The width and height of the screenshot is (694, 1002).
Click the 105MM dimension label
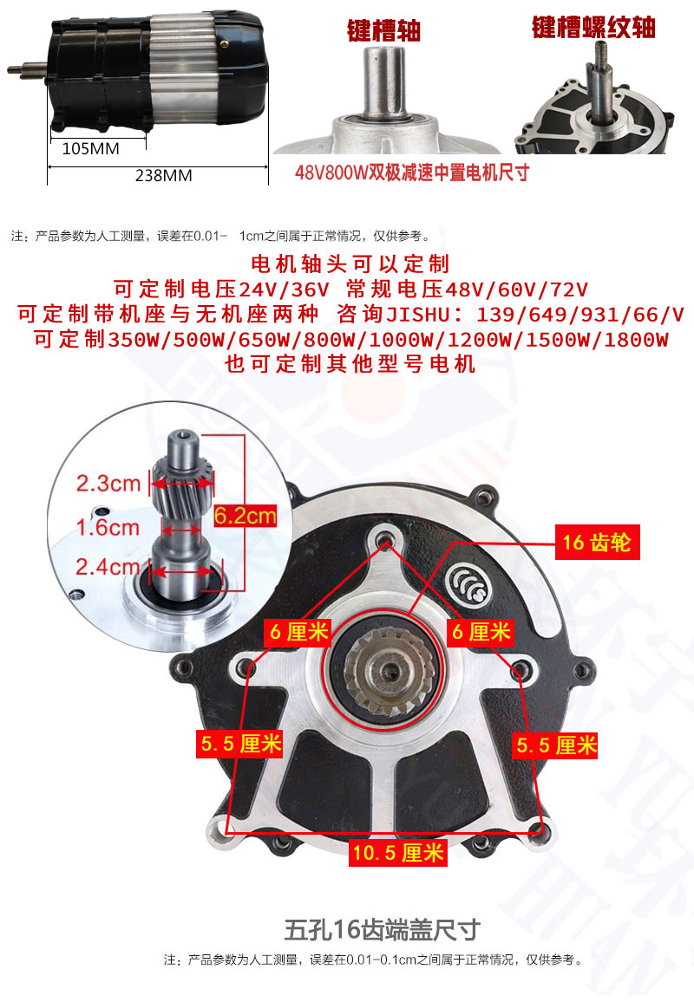(91, 149)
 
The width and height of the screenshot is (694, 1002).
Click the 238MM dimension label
(164, 175)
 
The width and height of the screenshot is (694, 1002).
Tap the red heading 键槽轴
(383, 30)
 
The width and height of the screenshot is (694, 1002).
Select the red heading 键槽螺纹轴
(593, 28)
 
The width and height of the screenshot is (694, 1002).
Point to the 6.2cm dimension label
(245, 515)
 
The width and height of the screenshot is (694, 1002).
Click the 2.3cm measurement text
(108, 483)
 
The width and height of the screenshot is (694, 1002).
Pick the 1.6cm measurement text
(108, 527)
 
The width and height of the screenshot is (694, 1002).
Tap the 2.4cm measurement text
(108, 566)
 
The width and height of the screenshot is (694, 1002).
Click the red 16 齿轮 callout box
(597, 543)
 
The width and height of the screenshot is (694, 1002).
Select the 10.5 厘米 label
(398, 852)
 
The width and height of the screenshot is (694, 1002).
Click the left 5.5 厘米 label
(240, 744)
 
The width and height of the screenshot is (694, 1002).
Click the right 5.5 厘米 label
(555, 745)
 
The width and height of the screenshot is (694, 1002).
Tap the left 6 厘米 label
(298, 632)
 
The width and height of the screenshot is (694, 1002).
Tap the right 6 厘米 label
(481, 632)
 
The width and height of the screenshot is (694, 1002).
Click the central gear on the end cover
(390, 671)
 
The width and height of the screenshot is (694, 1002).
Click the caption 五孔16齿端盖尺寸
(383, 930)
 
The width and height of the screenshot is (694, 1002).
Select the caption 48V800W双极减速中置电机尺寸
(412, 172)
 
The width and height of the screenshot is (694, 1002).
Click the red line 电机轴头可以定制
(350, 264)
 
